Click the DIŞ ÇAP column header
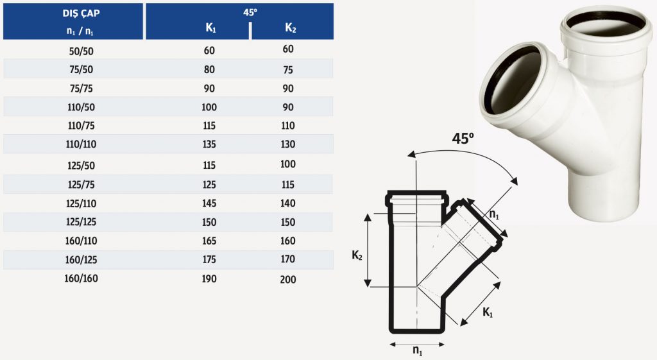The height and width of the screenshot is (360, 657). (81, 13)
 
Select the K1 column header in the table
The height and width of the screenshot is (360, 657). (210, 28)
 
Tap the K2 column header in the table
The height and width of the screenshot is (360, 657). (291, 28)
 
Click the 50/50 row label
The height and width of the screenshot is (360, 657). (81, 51)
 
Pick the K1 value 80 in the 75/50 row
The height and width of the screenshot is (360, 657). (209, 69)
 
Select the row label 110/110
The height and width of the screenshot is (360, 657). (81, 144)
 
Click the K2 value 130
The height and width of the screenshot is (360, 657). (288, 144)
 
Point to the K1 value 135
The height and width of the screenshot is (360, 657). (209, 144)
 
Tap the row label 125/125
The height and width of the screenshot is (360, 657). (81, 221)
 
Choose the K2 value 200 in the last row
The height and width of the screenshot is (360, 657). (288, 280)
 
